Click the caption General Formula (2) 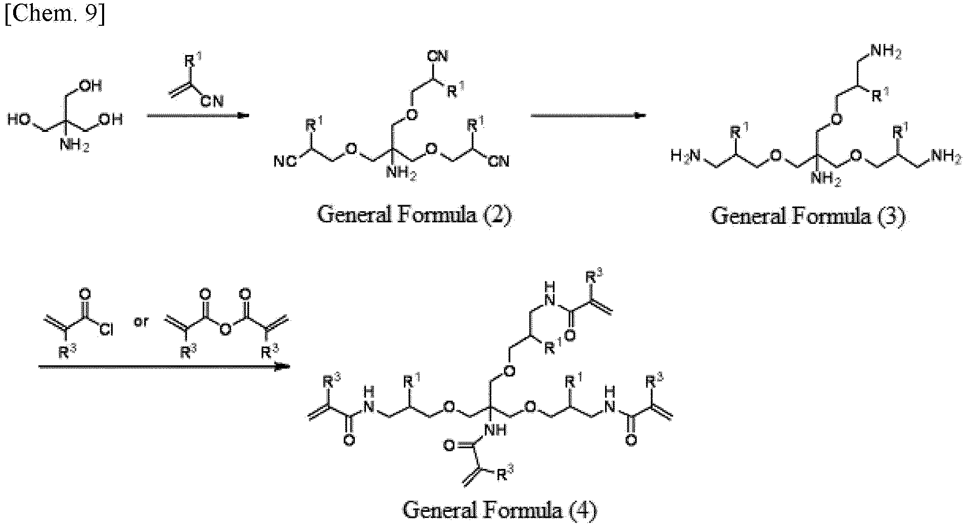pos(415,215)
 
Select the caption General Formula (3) pos(808,216)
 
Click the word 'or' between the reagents pos(141,322)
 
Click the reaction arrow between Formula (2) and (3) pos(588,115)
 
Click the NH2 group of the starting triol pos(75,145)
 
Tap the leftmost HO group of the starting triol pos(18,120)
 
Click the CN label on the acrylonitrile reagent pos(212,102)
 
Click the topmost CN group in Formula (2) pos(438,56)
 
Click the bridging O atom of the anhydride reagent pos(225,330)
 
